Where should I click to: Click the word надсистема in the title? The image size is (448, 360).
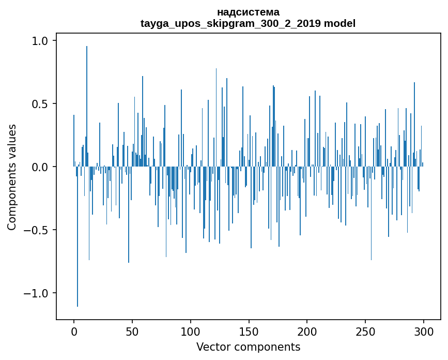(248, 12)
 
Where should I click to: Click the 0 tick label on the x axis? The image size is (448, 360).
(74, 331)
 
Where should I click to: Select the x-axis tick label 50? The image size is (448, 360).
(132, 331)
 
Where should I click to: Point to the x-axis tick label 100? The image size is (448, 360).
(191, 331)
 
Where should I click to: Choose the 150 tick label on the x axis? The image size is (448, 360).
(249, 331)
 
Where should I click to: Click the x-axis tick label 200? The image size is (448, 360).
(307, 331)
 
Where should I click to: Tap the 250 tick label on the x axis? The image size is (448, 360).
(365, 331)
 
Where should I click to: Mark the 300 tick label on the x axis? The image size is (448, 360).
(424, 331)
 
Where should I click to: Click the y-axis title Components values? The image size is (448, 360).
(12, 177)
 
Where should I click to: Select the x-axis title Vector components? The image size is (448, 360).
(248, 347)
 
